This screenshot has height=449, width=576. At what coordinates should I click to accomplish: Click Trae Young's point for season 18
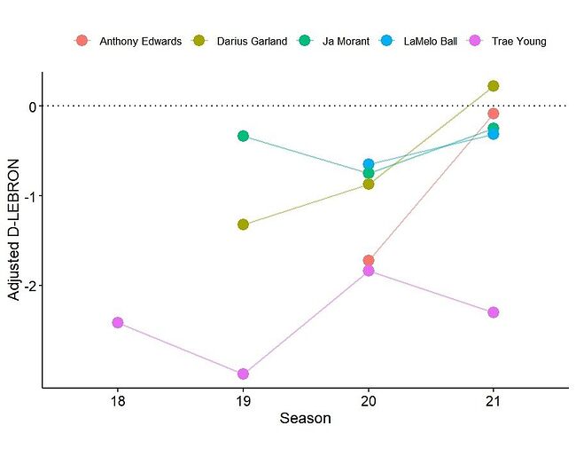click(118, 322)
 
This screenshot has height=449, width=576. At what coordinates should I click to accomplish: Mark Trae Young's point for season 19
click(243, 374)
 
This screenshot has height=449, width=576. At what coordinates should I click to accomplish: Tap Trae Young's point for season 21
click(494, 312)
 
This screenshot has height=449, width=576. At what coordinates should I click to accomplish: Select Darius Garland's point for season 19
click(243, 224)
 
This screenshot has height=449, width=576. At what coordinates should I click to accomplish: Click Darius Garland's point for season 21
click(494, 86)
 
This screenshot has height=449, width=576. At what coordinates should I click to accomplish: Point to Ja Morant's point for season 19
click(243, 136)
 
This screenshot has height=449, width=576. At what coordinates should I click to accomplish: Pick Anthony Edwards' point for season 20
click(369, 261)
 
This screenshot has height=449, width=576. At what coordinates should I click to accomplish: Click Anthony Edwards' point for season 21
click(494, 114)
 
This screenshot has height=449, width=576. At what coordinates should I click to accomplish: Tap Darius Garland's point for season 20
click(369, 184)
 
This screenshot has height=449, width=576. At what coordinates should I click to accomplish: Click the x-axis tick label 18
click(118, 400)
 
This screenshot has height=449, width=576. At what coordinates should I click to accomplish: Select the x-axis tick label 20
click(369, 400)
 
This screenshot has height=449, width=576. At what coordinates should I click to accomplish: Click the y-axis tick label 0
click(32, 106)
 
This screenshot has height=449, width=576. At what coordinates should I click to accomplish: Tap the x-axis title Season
click(305, 419)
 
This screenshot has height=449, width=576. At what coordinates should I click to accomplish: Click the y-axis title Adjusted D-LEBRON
click(14, 231)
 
